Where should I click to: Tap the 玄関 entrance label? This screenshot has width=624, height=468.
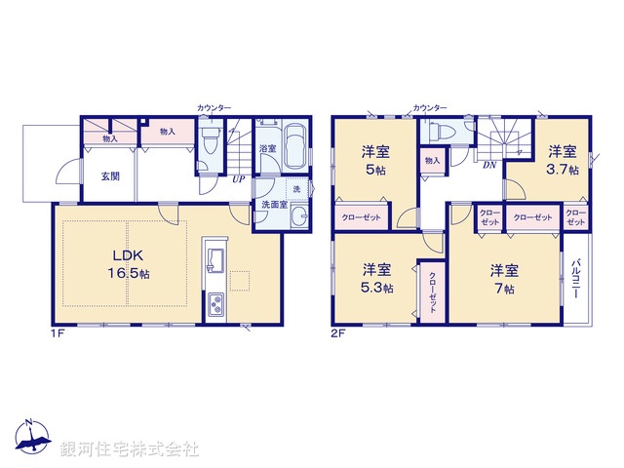tap(109, 176)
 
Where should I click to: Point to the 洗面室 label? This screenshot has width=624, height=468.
tap(272, 205)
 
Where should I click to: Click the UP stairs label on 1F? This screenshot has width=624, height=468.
tap(237, 179)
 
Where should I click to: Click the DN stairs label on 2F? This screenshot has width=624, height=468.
tap(488, 166)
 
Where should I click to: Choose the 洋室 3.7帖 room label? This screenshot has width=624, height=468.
tap(561, 159)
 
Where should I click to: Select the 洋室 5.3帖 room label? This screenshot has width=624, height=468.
tap(375, 277)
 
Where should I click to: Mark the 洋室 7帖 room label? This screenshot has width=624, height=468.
tap(503, 277)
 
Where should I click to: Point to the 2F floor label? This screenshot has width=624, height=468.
tap(338, 332)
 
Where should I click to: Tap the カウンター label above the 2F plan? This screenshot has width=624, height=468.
tap(430, 107)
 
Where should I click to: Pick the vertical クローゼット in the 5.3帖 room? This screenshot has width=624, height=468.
tap(432, 290)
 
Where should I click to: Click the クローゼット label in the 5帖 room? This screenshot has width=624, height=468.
tap(361, 217)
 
